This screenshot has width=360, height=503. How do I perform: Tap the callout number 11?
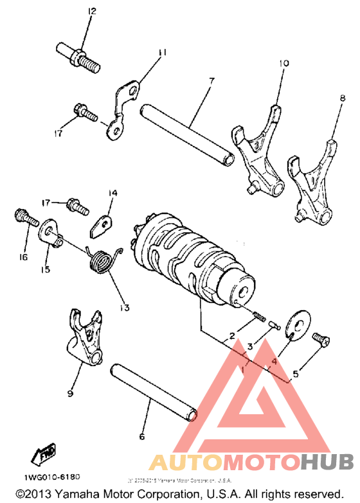161,51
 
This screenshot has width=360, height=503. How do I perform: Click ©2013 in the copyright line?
33,493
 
